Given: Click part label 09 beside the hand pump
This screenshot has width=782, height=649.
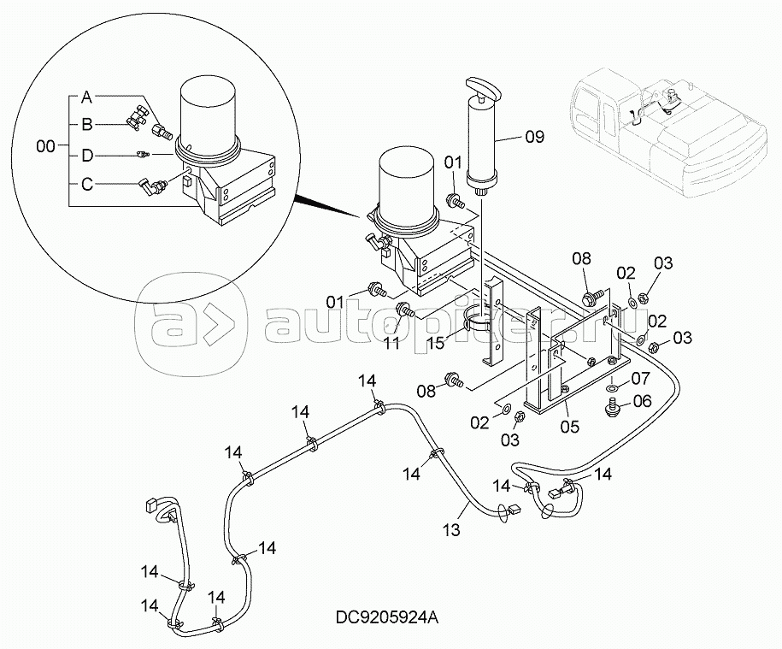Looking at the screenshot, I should (x=534, y=135).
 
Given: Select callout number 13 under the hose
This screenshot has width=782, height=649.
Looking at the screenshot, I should (x=451, y=530).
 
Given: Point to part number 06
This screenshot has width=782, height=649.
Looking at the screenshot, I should (x=641, y=400).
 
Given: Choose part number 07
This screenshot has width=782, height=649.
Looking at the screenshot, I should (x=641, y=377).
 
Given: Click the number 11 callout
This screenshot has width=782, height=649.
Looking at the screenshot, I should (x=391, y=343).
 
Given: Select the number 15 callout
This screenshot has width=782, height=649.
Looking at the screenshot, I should (x=437, y=343).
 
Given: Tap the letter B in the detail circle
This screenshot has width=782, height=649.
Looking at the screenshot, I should (x=87, y=124).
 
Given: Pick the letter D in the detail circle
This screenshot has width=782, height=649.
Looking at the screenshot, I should (x=87, y=155).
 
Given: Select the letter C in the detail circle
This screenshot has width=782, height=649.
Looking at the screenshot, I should (x=87, y=181).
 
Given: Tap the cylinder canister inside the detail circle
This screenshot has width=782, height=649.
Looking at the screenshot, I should (x=210, y=115).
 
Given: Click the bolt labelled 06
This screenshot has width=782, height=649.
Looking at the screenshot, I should (x=613, y=409).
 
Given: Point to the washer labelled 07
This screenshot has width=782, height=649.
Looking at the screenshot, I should (x=613, y=390).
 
